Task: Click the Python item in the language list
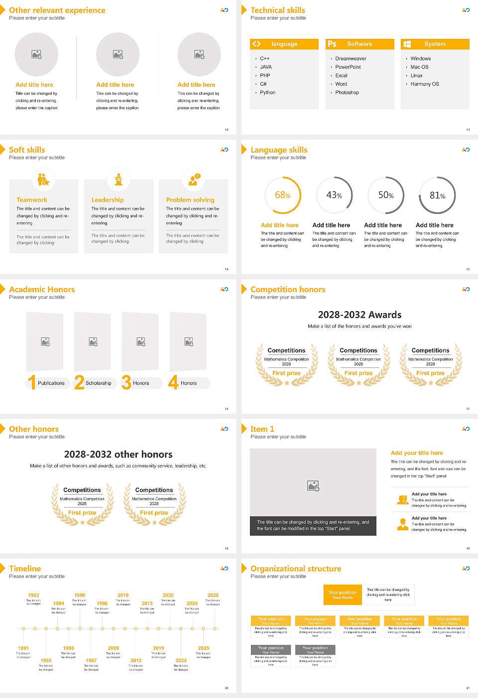click(x=267, y=93)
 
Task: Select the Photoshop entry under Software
click(x=347, y=93)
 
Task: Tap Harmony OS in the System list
click(x=425, y=84)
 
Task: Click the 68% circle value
click(x=282, y=195)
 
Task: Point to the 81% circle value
click(x=437, y=195)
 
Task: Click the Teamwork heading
click(x=32, y=200)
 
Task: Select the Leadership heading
click(x=108, y=200)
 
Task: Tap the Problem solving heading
click(x=190, y=200)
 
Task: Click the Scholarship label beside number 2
click(x=98, y=383)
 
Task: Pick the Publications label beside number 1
click(x=51, y=383)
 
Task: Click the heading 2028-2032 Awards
click(x=359, y=315)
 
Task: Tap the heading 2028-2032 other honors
click(x=118, y=455)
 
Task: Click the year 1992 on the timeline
click(x=33, y=595)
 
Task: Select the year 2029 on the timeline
click(x=213, y=595)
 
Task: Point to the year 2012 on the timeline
click(x=136, y=661)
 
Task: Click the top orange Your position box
click(x=343, y=595)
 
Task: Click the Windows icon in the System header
click(x=407, y=44)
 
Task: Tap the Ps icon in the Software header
click(x=332, y=44)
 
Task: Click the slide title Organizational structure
click(x=296, y=569)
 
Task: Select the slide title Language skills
click(x=279, y=150)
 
